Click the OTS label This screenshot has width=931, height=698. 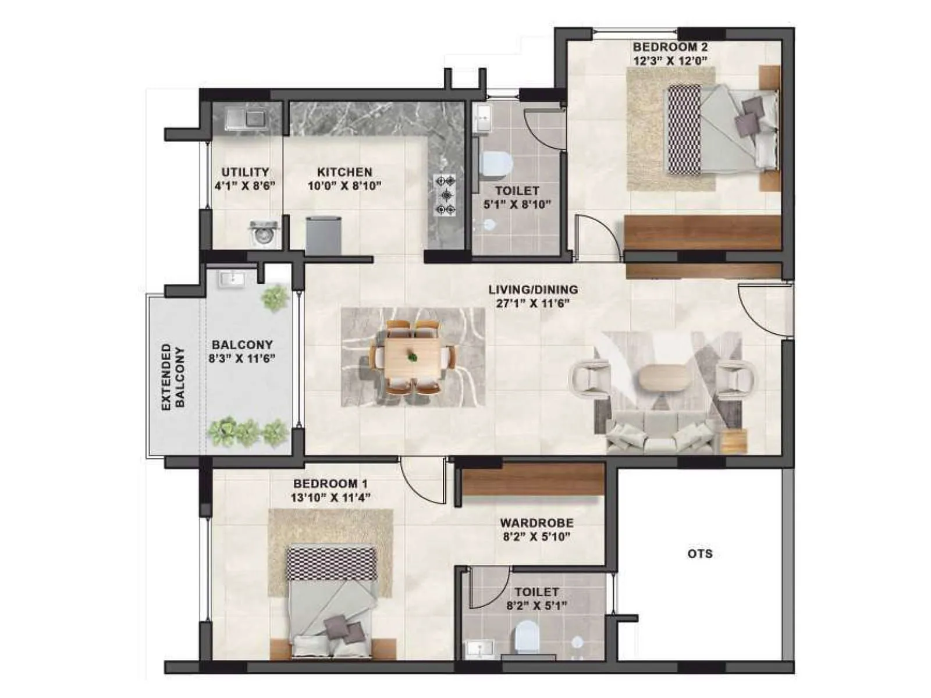[699, 553]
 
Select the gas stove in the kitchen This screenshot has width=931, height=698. [446, 195]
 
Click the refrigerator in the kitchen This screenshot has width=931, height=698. [323, 234]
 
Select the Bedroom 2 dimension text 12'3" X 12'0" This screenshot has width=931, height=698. [670, 60]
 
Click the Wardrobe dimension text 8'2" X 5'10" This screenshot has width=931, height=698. [536, 537]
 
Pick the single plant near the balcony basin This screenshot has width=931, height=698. [275, 298]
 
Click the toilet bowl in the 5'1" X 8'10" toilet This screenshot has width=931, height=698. [496, 164]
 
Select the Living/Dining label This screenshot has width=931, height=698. [533, 290]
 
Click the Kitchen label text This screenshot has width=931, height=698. [344, 172]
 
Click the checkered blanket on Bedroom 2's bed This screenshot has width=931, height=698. [684, 129]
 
